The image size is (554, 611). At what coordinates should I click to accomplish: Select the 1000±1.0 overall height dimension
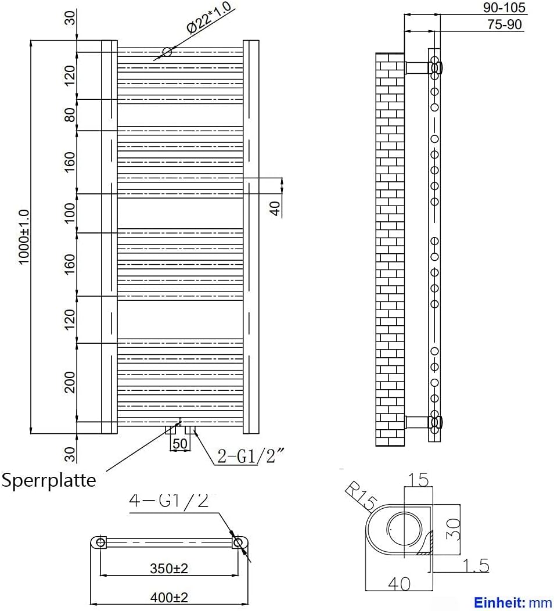24,236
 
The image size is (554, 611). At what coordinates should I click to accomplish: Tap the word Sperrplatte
49,480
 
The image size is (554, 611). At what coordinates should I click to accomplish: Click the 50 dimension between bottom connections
180,444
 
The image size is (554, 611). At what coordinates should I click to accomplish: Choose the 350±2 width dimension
168,568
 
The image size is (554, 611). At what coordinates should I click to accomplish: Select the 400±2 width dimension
168,597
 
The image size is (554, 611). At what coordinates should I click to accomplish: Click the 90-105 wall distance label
504,7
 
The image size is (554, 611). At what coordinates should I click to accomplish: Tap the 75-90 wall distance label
505,24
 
